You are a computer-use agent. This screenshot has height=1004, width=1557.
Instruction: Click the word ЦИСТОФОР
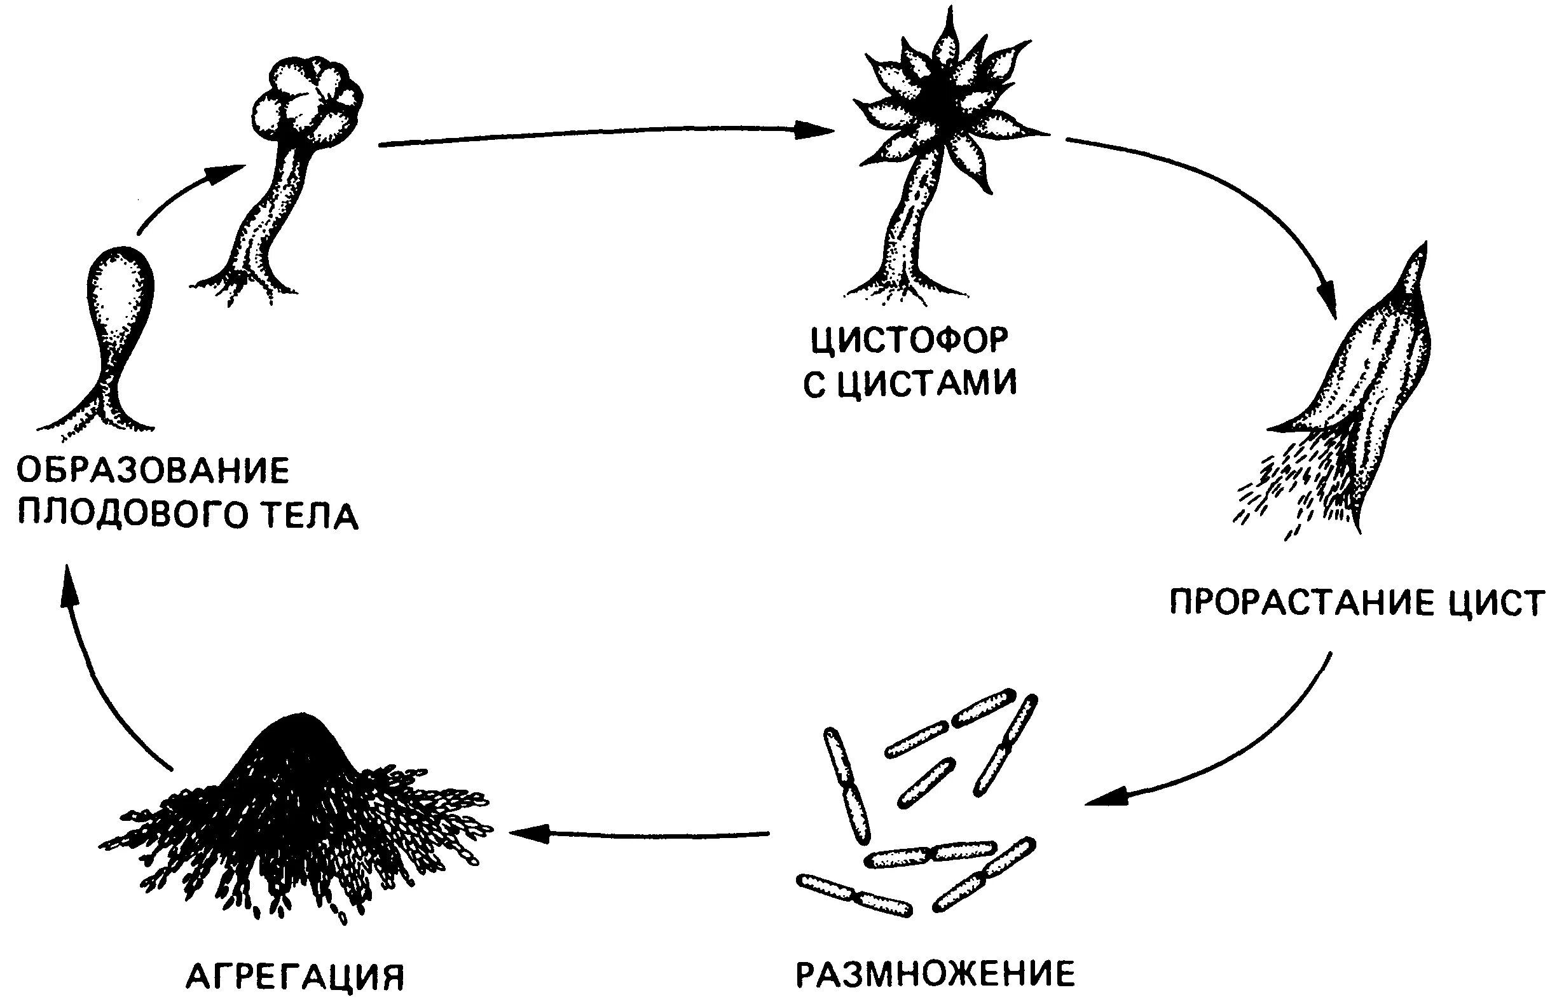point(909,340)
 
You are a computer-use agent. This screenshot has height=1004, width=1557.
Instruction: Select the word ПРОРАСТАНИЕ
point(1302,602)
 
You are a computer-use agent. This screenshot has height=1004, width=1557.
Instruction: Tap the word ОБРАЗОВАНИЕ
point(153,471)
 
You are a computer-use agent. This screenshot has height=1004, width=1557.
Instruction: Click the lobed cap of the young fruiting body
point(306,104)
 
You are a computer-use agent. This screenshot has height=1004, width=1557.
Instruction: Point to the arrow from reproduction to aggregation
point(639,833)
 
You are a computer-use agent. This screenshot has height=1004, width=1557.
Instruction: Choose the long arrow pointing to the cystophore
point(606,134)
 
